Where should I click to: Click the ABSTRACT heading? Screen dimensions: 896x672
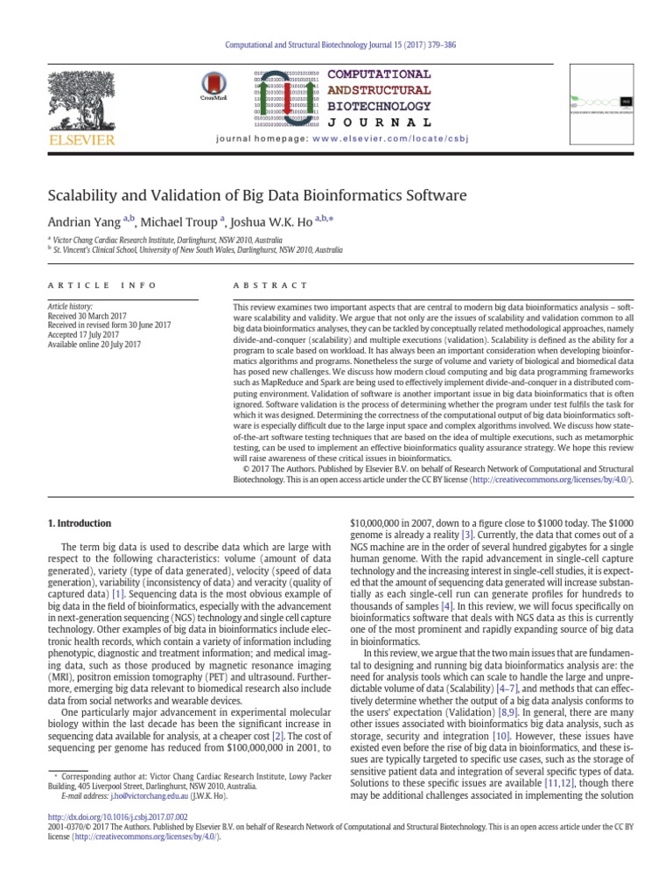coord(270,285)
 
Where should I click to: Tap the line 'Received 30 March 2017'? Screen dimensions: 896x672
coord(85,316)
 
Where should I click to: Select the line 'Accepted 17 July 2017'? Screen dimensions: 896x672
coord(82,335)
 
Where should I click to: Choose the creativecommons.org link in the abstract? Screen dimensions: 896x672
coord(549,479)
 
